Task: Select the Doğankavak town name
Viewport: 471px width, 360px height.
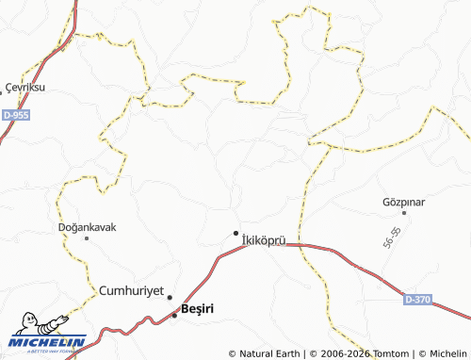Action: coord(87,227)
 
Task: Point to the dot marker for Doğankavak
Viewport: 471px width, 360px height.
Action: coord(87,238)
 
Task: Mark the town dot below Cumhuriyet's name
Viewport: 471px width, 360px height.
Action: coord(170,298)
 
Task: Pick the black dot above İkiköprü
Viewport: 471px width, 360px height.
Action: coord(235,233)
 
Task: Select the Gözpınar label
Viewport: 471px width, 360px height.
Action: coord(404,203)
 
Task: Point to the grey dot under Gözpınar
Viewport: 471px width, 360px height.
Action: coord(404,213)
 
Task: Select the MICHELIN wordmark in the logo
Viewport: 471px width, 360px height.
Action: coord(49,342)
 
